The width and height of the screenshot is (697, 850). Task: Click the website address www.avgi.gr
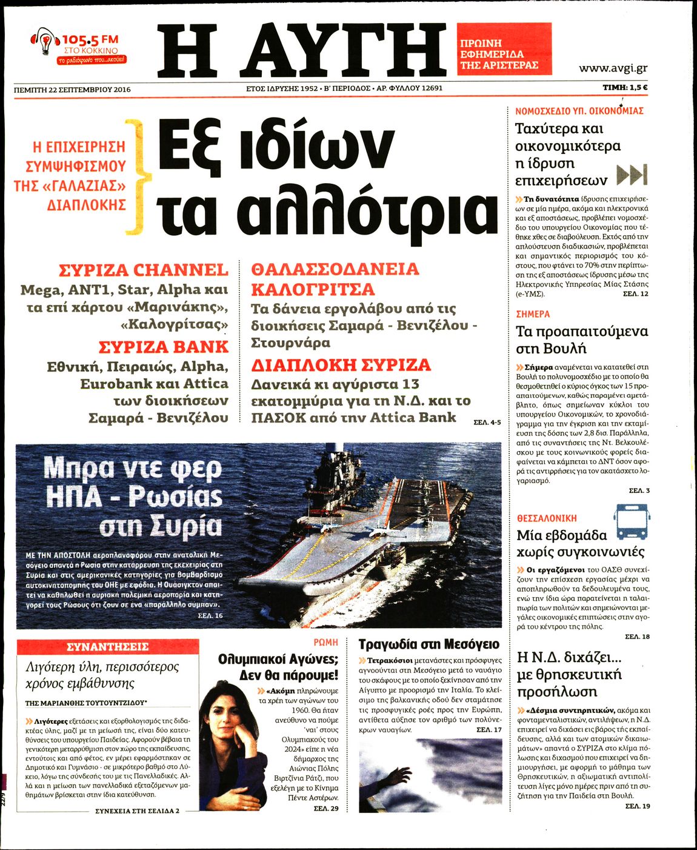613,68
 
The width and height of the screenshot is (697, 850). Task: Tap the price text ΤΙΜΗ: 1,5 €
625,88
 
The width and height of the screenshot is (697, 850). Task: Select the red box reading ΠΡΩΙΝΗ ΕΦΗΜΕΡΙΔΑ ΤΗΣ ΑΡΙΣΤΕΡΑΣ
504,49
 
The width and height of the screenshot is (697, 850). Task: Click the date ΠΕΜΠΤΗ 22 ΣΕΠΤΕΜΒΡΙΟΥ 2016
72,89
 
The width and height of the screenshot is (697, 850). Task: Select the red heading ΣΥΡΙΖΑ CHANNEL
144,270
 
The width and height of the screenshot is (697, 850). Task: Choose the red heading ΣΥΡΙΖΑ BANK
164,347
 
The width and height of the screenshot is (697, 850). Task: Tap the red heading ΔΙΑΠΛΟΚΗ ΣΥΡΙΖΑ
341,365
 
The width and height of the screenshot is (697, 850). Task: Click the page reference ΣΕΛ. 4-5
487,422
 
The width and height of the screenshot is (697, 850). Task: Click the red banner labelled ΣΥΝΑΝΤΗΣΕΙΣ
107,647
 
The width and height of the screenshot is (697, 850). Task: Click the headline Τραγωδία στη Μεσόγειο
429,644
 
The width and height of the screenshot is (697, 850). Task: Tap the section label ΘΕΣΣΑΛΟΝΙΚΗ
547,518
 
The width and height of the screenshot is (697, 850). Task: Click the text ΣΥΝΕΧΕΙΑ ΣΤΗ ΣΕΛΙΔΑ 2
137,811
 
